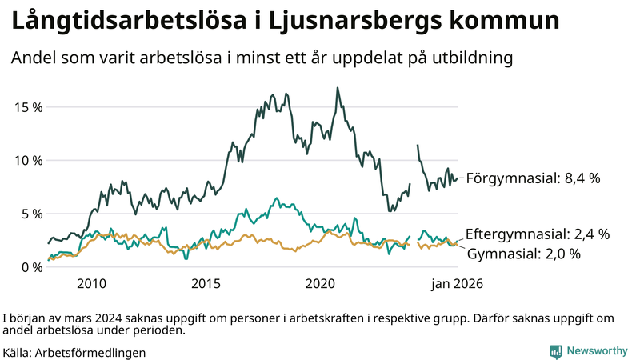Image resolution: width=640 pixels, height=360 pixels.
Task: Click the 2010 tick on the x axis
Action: (x=91, y=284)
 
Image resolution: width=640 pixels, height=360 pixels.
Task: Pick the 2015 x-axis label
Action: (x=206, y=284)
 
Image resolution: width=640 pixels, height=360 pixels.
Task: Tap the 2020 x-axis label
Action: (x=320, y=284)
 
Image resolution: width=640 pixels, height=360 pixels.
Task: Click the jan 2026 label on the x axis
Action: (x=458, y=284)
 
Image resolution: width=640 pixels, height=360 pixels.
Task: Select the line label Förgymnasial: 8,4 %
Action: (x=533, y=178)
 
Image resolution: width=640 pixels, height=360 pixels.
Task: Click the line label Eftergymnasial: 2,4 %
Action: (x=537, y=234)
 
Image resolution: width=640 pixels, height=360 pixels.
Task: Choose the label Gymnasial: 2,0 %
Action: (x=523, y=254)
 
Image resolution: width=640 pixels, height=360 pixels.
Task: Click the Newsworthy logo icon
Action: (x=555, y=350)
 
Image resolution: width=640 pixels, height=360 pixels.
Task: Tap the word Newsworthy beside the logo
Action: (x=597, y=350)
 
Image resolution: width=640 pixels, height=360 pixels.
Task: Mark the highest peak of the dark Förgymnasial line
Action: (x=337, y=88)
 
